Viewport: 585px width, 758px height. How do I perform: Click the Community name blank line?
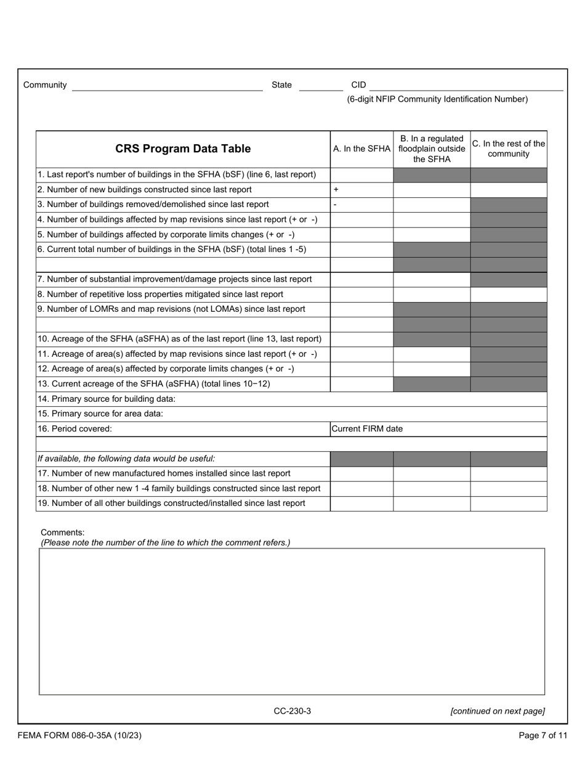(x=167, y=86)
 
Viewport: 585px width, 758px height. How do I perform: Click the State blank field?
(x=320, y=86)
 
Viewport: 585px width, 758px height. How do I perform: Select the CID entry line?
(x=466, y=86)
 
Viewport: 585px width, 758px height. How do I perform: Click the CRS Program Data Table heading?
(x=183, y=149)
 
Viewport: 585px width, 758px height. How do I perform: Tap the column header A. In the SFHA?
(x=361, y=149)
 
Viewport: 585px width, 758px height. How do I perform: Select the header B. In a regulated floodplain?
(x=432, y=149)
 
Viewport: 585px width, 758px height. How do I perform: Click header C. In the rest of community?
(x=509, y=149)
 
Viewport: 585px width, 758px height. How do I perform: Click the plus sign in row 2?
(x=336, y=190)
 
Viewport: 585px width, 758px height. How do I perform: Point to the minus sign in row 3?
(x=335, y=205)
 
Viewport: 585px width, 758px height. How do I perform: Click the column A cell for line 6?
(x=361, y=250)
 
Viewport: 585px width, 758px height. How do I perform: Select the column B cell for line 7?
(x=432, y=279)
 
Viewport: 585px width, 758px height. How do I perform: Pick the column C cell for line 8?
(x=509, y=295)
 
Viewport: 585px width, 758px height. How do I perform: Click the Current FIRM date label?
(x=367, y=429)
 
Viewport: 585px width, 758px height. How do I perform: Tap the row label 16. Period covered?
(x=75, y=429)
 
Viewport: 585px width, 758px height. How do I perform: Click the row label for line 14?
(x=107, y=399)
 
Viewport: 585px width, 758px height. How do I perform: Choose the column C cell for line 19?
(x=509, y=503)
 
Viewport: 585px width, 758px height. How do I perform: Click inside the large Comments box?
(x=292, y=621)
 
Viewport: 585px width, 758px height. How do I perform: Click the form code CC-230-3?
(x=292, y=711)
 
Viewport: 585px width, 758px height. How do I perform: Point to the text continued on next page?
(x=498, y=711)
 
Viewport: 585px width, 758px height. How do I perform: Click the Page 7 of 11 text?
(x=543, y=735)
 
